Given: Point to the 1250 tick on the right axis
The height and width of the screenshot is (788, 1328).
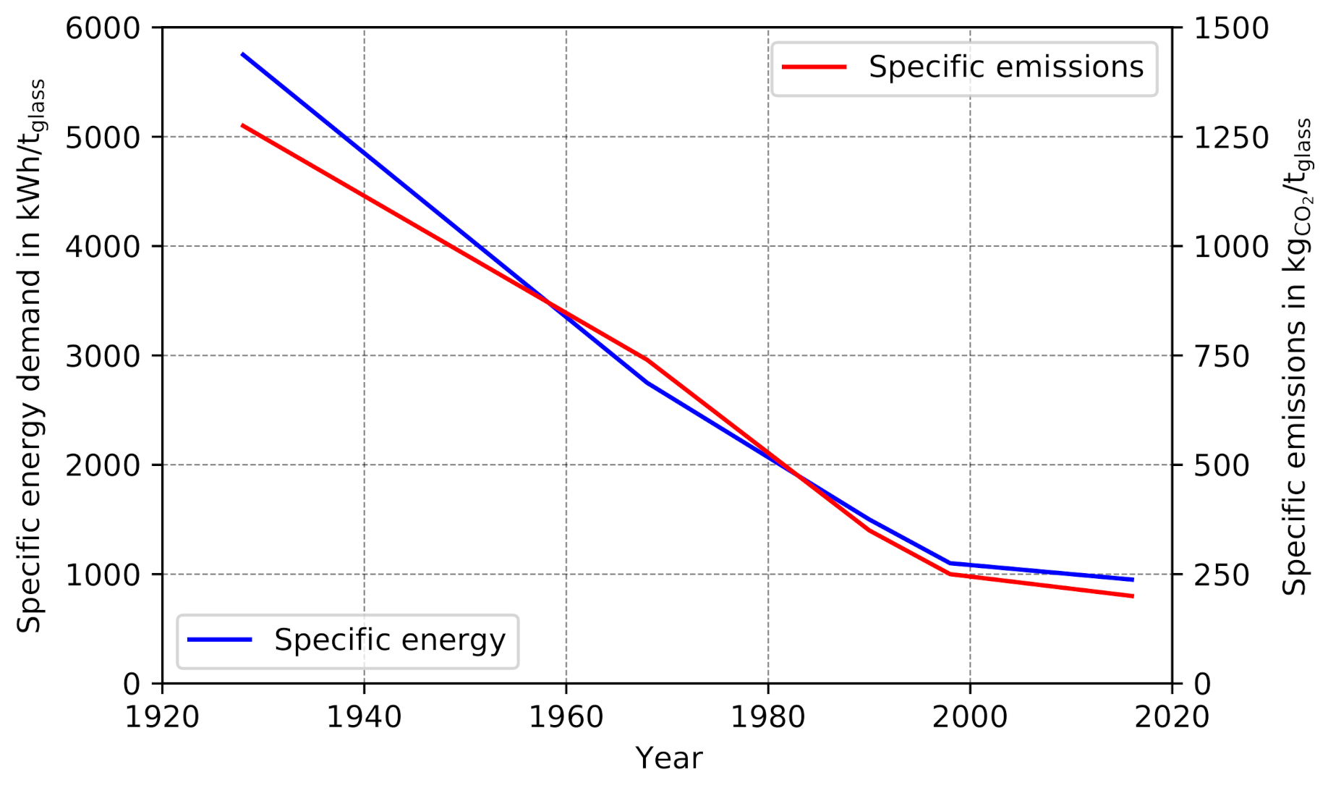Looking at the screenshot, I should click(1230, 137).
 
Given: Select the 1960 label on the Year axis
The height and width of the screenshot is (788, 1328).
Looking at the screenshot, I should click(566, 717).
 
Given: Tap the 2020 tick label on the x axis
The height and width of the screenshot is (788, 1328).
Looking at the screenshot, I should click(1172, 717).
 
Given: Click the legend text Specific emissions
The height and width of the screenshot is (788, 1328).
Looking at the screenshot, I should click(1005, 67).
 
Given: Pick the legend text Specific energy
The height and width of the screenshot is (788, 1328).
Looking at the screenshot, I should click(389, 640).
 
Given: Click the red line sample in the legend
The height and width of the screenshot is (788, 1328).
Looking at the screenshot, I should click(814, 67).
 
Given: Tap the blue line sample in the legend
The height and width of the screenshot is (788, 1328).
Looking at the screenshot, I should click(219, 640).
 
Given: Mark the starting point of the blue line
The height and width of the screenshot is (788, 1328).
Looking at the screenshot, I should click(242, 54).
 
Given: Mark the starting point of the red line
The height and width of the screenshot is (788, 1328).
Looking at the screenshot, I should click(242, 125).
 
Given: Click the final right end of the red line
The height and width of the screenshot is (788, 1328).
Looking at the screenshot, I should click(1133, 596).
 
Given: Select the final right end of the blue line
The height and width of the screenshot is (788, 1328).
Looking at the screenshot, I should click(1133, 580).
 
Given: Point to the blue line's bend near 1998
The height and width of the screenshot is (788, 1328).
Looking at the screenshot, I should click(950, 563).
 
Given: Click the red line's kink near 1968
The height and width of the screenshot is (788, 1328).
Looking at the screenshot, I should click(647, 360).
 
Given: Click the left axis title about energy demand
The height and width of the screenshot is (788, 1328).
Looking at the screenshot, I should click(31, 356).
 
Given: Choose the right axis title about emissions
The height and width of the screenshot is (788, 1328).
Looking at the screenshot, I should click(1296, 356).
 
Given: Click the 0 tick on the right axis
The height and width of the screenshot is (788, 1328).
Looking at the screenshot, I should click(1202, 684).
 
